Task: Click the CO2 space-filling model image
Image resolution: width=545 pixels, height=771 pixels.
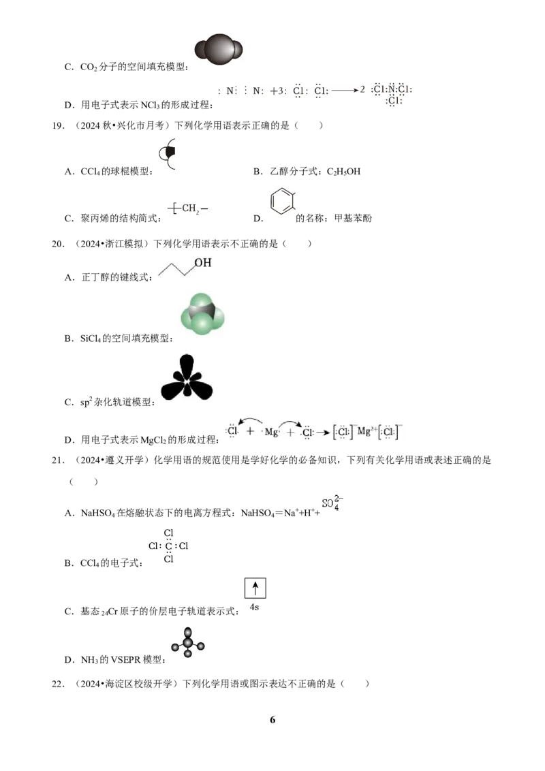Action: tap(219, 49)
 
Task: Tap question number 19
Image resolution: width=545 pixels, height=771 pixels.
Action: tap(58, 126)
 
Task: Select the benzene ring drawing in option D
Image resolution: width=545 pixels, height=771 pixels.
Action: tap(282, 201)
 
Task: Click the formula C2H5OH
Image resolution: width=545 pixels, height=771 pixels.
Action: tap(343, 172)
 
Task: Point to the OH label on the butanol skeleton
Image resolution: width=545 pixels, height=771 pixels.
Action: tap(202, 263)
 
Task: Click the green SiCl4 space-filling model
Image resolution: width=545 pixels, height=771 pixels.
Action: tap(202, 314)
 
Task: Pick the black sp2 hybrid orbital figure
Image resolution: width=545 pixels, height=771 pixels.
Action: tap(187, 377)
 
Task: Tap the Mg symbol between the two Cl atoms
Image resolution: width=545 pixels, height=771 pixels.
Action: tap(271, 432)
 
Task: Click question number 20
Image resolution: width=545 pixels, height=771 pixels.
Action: tap(58, 244)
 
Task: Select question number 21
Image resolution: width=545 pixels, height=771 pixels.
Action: tap(58, 460)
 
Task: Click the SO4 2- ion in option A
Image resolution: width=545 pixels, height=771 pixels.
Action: tap(332, 503)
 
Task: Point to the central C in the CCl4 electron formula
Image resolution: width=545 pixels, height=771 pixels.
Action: tap(169, 546)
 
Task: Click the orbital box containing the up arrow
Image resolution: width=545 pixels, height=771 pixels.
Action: tap(255, 588)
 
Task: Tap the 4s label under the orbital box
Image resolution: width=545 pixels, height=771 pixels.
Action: tap(254, 608)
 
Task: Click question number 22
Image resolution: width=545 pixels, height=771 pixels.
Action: tap(58, 684)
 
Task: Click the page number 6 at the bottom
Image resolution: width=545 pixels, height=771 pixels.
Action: tap(272, 720)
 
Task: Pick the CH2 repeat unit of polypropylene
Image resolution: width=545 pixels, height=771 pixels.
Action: tap(188, 208)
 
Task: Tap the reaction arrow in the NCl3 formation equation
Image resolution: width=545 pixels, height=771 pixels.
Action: tap(345, 90)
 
